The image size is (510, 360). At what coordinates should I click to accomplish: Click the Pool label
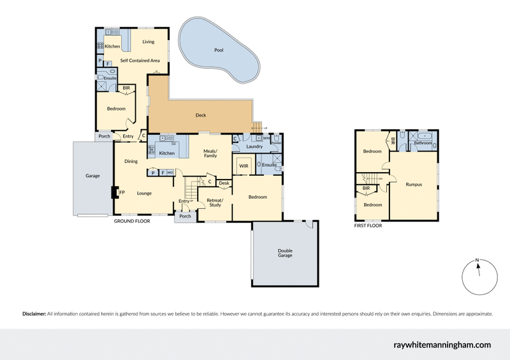(x=219, y=50)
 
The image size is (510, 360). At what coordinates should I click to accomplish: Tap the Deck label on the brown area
(x=200, y=115)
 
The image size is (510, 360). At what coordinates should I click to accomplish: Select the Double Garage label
(x=285, y=253)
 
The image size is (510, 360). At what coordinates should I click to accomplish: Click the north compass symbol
(x=477, y=275)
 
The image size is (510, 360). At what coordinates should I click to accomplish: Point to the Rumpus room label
(x=413, y=185)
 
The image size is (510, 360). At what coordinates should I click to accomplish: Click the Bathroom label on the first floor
(x=423, y=143)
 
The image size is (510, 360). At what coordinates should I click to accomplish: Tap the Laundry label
(x=255, y=147)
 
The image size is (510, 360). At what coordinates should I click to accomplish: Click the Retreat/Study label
(x=214, y=203)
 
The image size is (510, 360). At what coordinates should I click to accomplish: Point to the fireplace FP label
(x=122, y=192)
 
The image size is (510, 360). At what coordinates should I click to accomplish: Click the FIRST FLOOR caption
(x=369, y=225)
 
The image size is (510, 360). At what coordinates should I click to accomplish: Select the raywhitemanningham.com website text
(x=441, y=345)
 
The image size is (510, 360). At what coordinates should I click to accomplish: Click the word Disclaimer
(x=33, y=314)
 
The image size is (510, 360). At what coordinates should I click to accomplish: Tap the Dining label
(x=131, y=161)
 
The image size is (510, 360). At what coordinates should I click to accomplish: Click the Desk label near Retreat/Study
(x=224, y=184)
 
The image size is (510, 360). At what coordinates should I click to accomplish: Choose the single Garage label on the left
(x=93, y=175)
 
